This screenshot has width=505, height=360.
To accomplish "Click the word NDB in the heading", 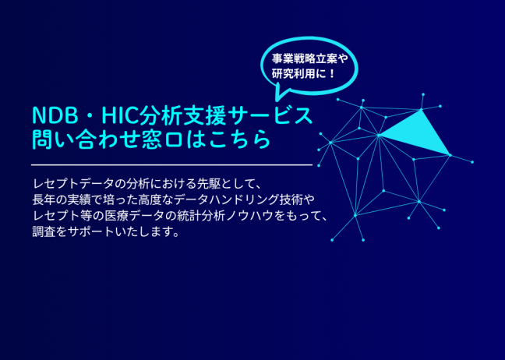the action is [55, 115].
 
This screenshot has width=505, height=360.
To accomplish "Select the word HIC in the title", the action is [120, 115].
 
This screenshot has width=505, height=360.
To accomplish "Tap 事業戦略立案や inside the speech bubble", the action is [309, 59].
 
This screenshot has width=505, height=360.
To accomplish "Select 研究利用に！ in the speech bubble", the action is [304, 74].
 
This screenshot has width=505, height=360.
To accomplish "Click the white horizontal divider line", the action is [171, 165].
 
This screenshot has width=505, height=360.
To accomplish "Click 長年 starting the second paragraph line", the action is [44, 199].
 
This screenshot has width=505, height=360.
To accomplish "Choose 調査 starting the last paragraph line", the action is [44, 231].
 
